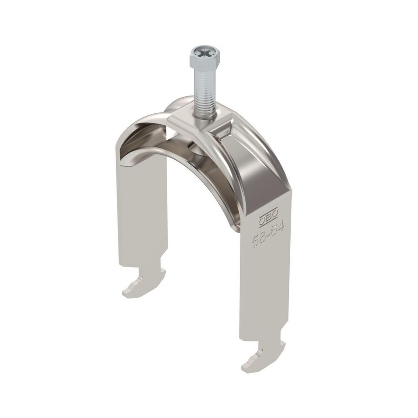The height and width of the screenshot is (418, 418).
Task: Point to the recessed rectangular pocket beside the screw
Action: click(228, 132)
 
